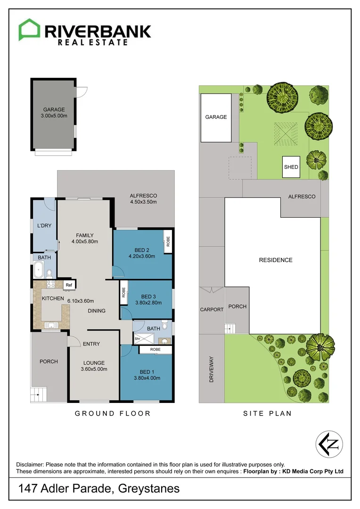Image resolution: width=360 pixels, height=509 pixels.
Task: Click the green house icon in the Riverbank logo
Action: tap(29, 30)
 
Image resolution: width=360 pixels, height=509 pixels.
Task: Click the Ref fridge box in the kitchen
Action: tap(69, 285)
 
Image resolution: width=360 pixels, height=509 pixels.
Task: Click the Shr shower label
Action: tap(138, 338)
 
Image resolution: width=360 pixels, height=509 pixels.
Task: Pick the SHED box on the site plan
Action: tap(291, 167)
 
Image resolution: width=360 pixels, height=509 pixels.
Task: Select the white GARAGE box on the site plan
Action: tap(216, 117)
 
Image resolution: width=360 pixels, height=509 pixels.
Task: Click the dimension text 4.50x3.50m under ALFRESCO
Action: tap(143, 202)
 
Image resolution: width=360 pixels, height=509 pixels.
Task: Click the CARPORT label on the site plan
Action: tap(211, 310)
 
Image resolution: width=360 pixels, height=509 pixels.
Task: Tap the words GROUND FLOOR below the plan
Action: tap(113, 413)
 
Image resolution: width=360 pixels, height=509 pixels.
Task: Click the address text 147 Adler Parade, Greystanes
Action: tap(99, 488)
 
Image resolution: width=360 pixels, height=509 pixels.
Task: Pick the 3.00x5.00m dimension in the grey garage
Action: tap(54, 116)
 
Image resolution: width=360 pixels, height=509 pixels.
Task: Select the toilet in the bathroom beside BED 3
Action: tap(165, 325)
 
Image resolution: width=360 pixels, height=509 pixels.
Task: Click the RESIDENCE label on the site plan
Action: tap(276, 260)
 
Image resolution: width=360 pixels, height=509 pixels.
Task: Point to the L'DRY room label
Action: tap(44, 225)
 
